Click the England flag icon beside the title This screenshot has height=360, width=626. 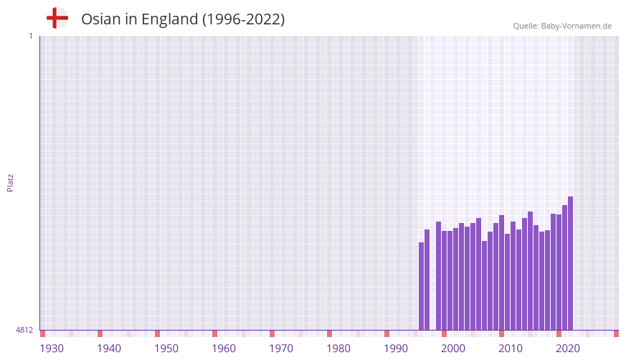pos(57,18)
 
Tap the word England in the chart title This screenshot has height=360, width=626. pos(169,19)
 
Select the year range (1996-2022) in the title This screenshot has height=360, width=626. pos(243,19)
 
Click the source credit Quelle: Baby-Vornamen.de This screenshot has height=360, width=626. pos(562,26)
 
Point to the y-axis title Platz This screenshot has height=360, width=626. pos(10,182)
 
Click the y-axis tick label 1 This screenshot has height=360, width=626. pos(30,36)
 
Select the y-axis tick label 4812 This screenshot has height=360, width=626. pos(24,330)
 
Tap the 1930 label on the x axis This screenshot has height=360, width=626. pos(52,349)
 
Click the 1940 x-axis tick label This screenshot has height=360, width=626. pos(109,349)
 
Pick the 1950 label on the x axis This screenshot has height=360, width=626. pos(166,349)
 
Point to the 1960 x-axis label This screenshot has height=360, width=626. pos(224,349)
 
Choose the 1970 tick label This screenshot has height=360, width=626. pos(281,349)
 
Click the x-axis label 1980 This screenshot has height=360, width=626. pos(338,349)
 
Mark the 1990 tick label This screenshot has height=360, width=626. pos(396,349)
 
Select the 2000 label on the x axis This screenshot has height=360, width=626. pos(453,349)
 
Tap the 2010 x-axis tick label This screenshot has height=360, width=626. pos(511,349)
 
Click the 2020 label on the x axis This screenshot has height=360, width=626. pos(568,349)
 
